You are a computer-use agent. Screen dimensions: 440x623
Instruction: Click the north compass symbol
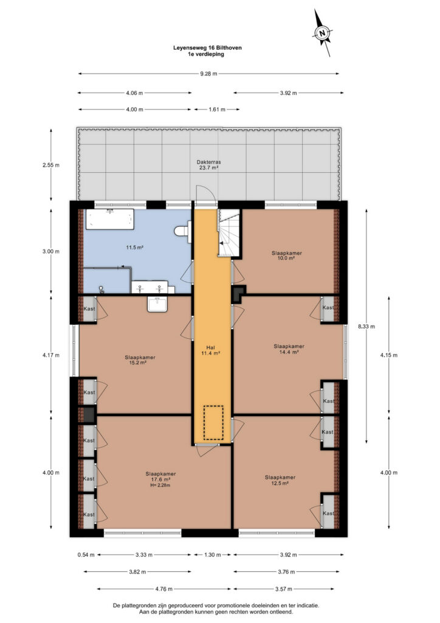[323, 33]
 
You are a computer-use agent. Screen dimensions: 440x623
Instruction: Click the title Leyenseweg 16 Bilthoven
[207, 47]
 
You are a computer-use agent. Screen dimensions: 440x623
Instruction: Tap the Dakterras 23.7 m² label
[208, 165]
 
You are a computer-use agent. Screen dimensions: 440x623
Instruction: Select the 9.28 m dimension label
[208, 74]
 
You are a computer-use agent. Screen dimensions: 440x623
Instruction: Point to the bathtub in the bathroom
[110, 220]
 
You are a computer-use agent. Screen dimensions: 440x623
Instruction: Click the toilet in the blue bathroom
[184, 231]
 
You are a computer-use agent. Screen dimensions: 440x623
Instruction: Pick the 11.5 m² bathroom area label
[134, 247]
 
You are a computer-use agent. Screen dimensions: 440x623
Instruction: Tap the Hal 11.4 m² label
[211, 350]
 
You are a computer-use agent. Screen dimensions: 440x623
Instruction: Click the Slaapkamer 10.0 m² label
[286, 256]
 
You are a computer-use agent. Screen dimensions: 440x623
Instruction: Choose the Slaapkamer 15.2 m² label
[140, 360]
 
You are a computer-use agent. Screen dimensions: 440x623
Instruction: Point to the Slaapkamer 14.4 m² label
[289, 349]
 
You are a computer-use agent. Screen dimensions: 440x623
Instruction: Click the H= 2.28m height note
[160, 485]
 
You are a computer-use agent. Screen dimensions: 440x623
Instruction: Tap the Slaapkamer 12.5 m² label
[280, 480]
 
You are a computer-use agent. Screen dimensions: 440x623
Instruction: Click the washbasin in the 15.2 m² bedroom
[157, 304]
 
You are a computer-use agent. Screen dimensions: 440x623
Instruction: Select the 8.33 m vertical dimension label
[366, 327]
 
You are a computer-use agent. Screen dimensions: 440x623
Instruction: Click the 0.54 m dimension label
[86, 555]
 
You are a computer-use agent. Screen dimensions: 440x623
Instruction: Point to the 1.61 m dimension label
[216, 110]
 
